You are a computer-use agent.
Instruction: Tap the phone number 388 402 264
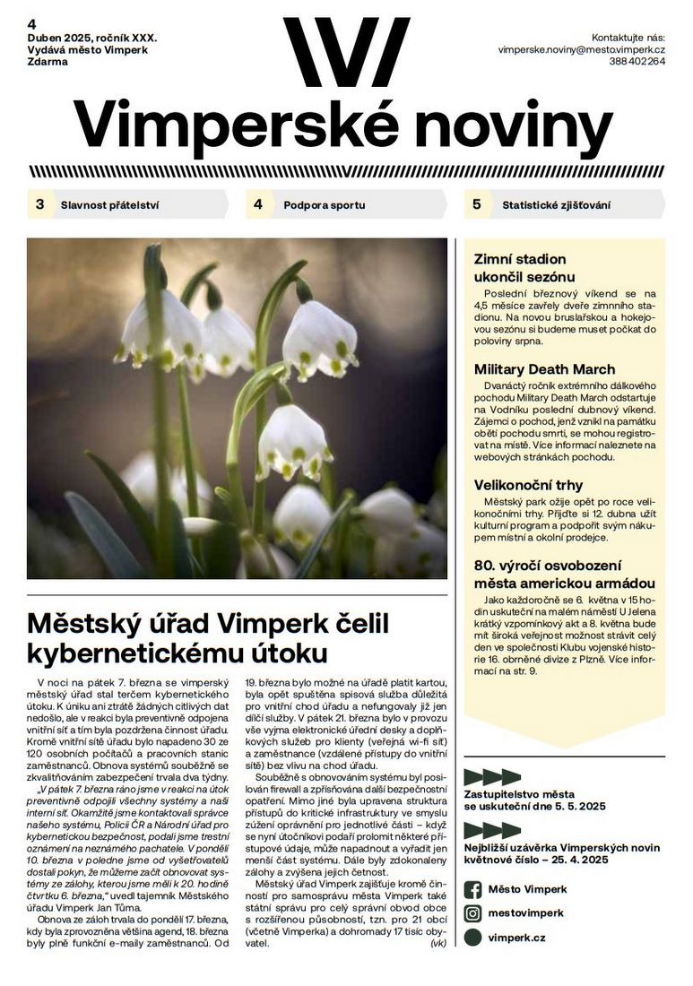(x=637, y=63)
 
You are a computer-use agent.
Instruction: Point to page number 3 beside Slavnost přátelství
(x=39, y=204)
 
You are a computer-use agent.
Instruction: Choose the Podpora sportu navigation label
(x=325, y=205)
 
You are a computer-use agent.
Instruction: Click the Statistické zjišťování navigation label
(x=557, y=205)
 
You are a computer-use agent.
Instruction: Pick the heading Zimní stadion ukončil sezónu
(x=524, y=268)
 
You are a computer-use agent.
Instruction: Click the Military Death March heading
(x=544, y=369)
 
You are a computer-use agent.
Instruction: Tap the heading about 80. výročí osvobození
(x=564, y=575)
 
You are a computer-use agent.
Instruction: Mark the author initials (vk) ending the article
(x=438, y=943)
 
